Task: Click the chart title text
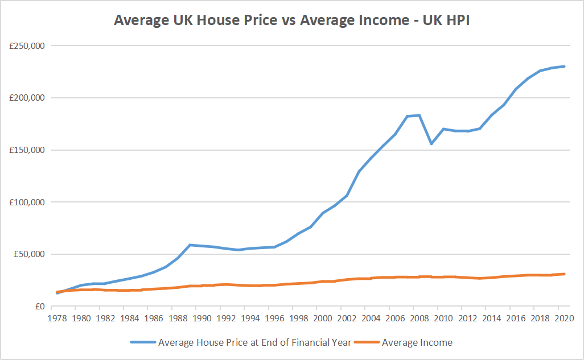pos(292,20)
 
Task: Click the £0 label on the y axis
pos(39,307)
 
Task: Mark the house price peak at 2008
pos(419,115)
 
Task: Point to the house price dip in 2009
pos(431,144)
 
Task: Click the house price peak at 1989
pos(190,245)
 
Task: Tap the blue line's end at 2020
pos(564,67)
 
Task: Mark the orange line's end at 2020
pos(564,274)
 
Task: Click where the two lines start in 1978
pos(57,292)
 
